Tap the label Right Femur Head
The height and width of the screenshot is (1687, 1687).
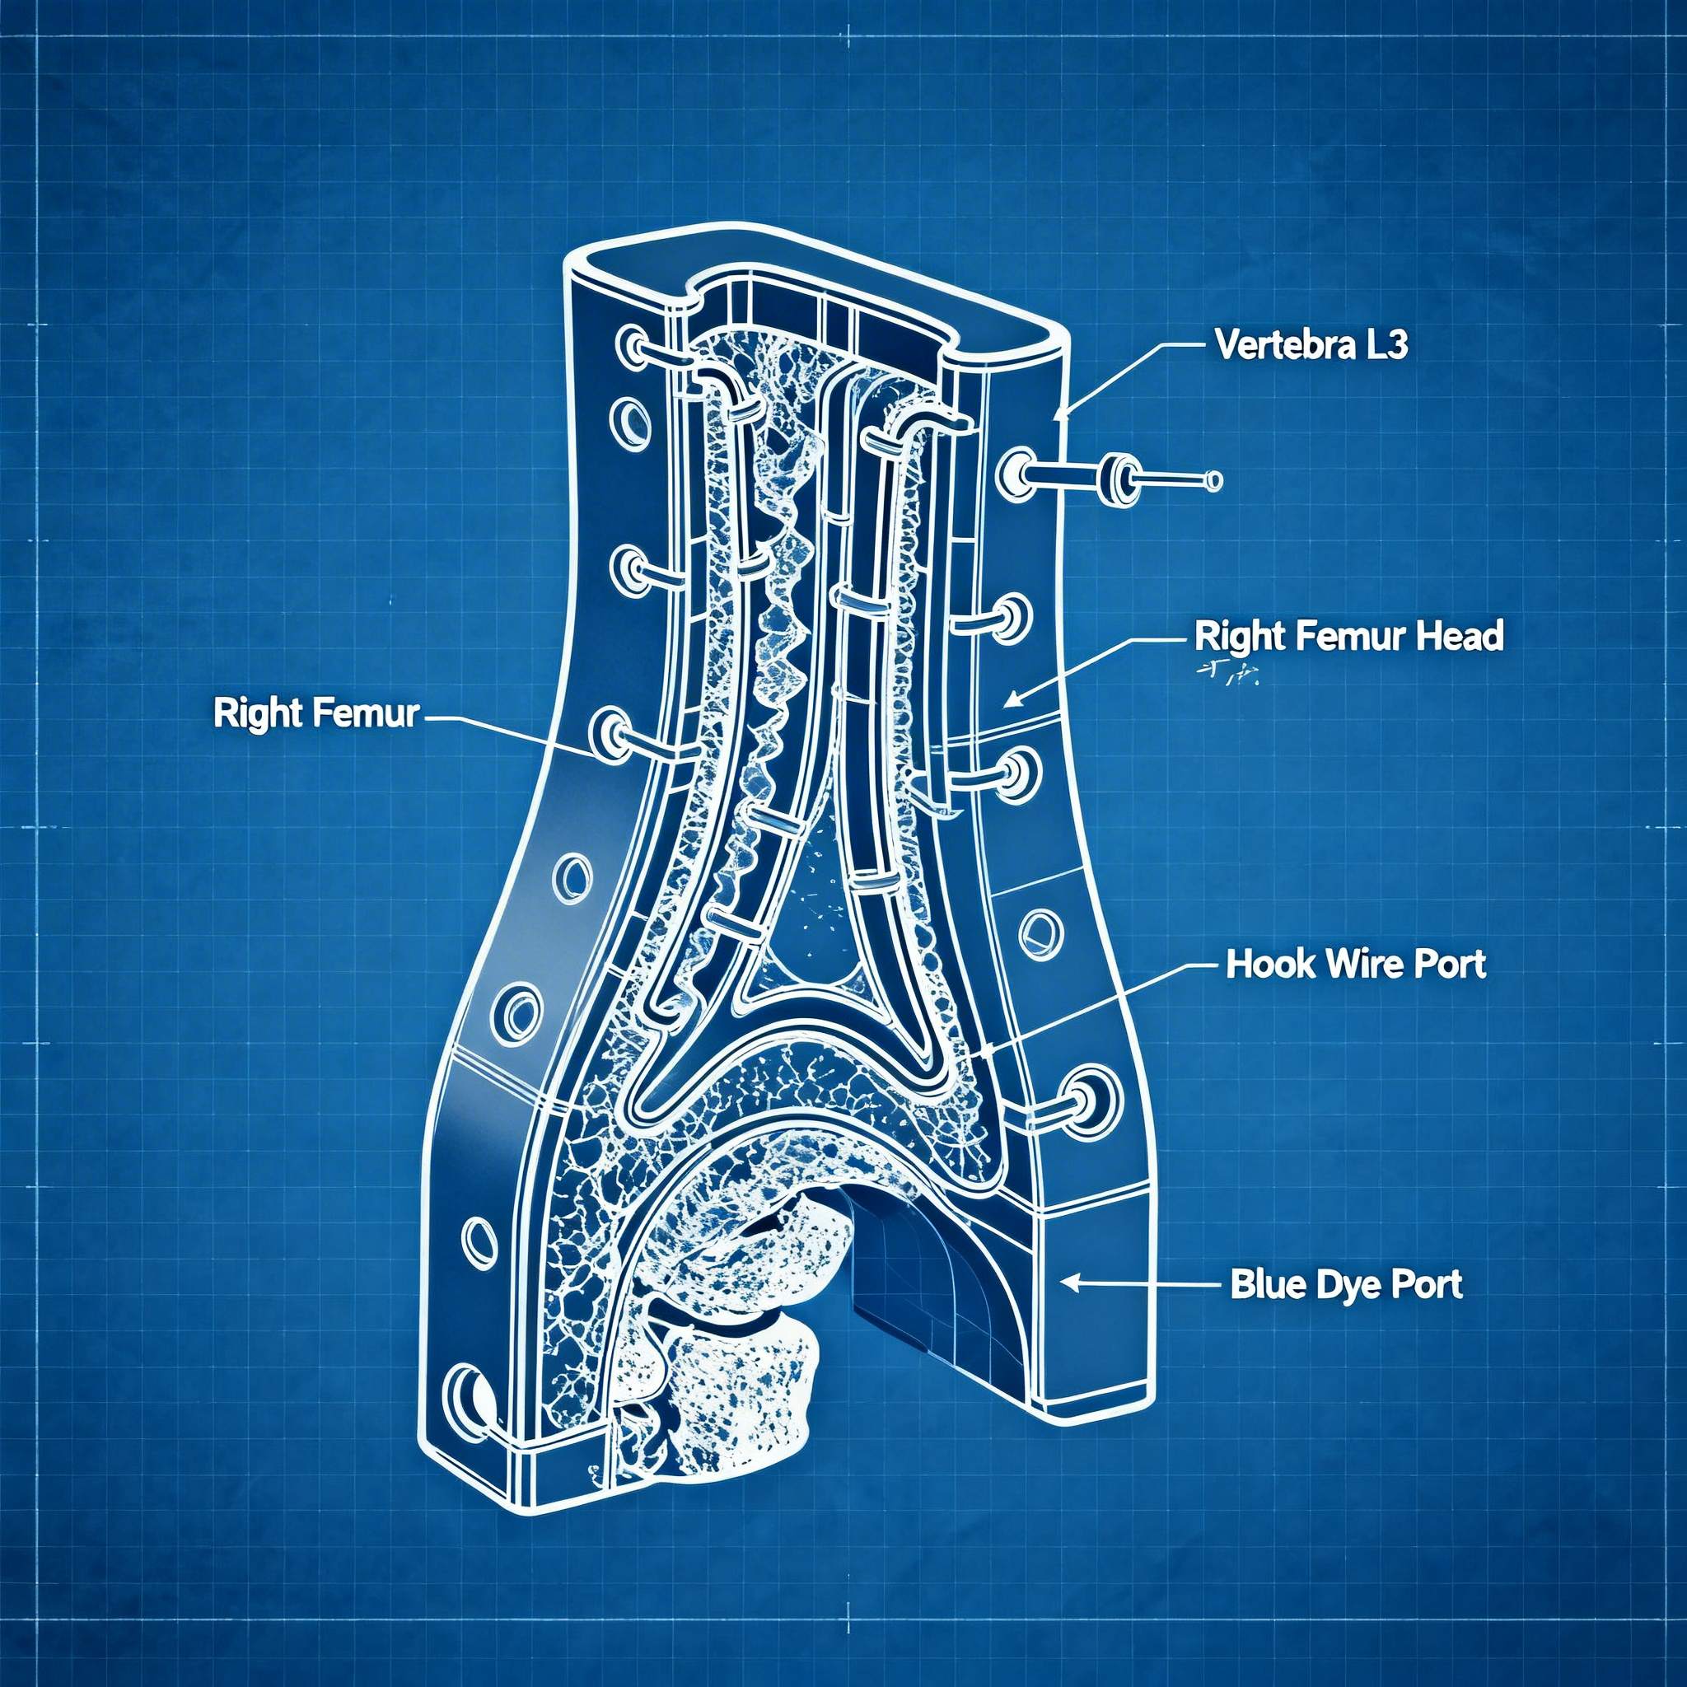pyautogui.click(x=1348, y=636)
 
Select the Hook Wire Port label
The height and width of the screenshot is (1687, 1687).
pyautogui.click(x=1355, y=964)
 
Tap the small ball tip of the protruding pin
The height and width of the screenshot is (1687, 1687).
pyautogui.click(x=1213, y=479)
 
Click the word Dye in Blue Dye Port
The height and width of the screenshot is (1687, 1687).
pyautogui.click(x=1347, y=1284)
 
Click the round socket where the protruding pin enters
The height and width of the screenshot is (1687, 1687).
pyautogui.click(x=1016, y=472)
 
